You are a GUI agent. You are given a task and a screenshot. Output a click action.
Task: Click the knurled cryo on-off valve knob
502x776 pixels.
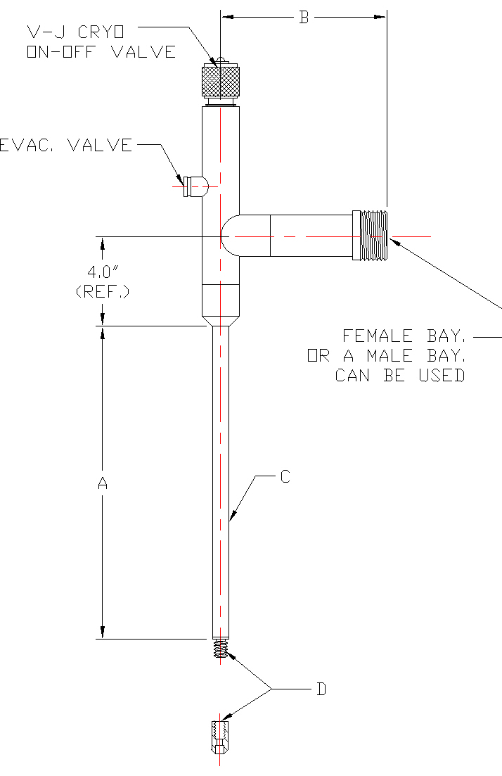[x=221, y=81]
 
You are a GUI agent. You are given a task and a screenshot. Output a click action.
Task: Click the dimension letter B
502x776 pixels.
[x=304, y=18]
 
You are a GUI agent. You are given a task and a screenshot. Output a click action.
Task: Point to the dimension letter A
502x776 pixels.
[x=103, y=483]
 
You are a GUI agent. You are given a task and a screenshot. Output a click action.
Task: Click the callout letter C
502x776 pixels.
[x=285, y=476]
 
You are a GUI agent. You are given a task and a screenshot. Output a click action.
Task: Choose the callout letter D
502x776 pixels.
[x=321, y=689]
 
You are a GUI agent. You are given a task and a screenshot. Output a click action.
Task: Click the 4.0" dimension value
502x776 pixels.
[x=102, y=272]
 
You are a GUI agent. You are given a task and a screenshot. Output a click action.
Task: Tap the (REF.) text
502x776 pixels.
[x=103, y=291]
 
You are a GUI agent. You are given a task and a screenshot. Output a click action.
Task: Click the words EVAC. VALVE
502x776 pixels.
[x=65, y=146]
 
